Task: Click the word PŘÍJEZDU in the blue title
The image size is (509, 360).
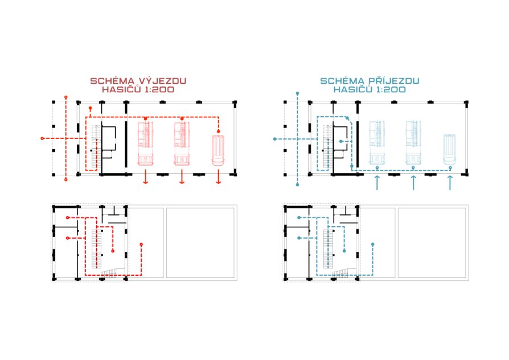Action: click(394, 80)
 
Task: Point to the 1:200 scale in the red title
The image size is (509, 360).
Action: click(159, 89)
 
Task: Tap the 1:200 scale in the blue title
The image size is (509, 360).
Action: click(391, 89)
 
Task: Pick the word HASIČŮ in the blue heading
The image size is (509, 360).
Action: click(353, 89)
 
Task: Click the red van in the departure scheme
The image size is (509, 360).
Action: click(218, 150)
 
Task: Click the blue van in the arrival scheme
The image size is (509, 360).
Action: click(450, 150)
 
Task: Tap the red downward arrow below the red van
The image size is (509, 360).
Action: click(219, 177)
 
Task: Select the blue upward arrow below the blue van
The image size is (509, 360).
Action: click(450, 183)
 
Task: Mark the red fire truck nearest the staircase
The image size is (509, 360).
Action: click(145, 144)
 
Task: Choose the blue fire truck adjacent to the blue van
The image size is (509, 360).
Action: click(413, 142)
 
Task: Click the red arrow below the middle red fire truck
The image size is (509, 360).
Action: click(182, 177)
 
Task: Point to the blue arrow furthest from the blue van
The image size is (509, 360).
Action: click(377, 183)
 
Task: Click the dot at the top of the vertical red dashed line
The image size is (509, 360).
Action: click(66, 97)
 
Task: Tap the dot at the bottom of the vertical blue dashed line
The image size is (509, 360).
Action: click(297, 185)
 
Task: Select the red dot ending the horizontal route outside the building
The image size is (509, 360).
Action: click(42, 138)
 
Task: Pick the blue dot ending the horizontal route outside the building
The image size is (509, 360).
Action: click(275, 139)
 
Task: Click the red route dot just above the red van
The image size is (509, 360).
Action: click(219, 131)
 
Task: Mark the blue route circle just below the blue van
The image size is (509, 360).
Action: click(450, 167)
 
